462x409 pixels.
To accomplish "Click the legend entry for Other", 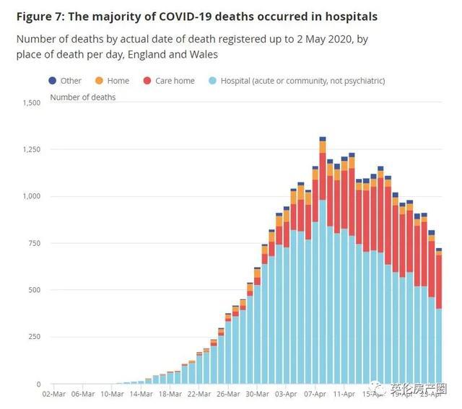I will click(x=71, y=81).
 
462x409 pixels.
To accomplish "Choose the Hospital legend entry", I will click(x=302, y=81).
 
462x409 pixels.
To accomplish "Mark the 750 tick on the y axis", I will click(x=34, y=243).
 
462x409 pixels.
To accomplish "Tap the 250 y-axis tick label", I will click(x=34, y=337).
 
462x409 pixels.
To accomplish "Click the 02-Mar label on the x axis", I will click(x=55, y=395).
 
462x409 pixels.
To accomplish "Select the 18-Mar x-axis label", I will click(x=170, y=395).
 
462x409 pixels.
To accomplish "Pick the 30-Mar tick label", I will click(x=257, y=395).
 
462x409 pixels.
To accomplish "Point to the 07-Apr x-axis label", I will click(x=315, y=395).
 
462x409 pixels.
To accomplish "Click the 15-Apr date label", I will click(x=373, y=395).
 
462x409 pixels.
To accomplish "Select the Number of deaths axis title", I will click(x=82, y=97).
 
